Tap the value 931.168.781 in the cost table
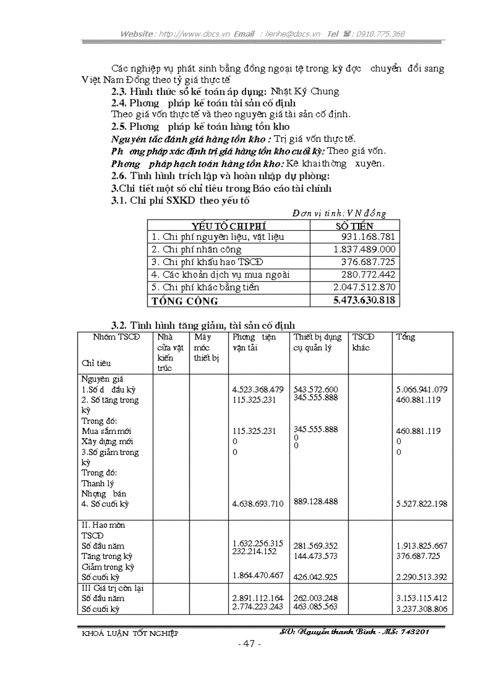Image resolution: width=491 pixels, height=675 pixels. point(369,237)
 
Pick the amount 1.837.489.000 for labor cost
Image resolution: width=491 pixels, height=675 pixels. point(365,249)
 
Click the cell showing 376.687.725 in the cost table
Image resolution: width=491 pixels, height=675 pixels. point(369,262)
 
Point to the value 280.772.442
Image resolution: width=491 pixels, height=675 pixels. point(369,275)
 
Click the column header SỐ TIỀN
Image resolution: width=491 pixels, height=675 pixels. point(354,225)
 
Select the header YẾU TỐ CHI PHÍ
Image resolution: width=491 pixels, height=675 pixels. point(229,225)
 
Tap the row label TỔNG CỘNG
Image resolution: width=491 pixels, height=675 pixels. point(185,301)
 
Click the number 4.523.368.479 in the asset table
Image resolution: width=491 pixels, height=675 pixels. point(258,389)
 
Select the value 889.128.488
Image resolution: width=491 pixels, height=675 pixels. point(316,501)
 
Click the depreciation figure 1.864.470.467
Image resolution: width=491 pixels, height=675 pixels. point(258,575)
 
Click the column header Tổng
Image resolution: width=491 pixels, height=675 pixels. point(406,337)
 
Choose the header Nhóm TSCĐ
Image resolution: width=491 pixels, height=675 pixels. point(116,337)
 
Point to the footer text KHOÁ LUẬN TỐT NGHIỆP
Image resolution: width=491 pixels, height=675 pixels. point(129,633)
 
